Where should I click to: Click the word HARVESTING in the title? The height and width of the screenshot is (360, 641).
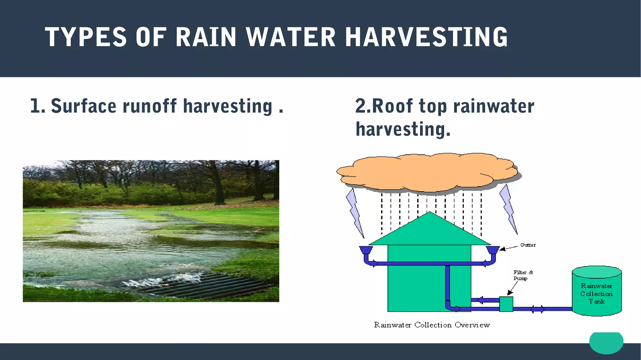pyautogui.click(x=426, y=37)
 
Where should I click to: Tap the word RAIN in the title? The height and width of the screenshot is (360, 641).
pyautogui.click(x=205, y=37)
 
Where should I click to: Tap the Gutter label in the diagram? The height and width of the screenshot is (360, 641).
pyautogui.click(x=528, y=245)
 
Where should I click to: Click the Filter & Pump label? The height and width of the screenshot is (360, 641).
pyautogui.click(x=523, y=275)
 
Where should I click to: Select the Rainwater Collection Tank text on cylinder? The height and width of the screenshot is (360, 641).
pyautogui.click(x=596, y=294)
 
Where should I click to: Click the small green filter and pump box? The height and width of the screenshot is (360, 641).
pyautogui.click(x=506, y=304)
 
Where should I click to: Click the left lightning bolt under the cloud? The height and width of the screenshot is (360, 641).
pyautogui.click(x=354, y=213)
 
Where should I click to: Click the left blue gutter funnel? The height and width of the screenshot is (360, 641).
pyautogui.click(x=366, y=250)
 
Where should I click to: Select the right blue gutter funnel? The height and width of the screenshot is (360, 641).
pyautogui.click(x=492, y=250)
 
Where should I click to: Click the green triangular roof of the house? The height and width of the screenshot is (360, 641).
pyautogui.click(x=430, y=232)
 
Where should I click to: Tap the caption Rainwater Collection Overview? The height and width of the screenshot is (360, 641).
pyautogui.click(x=432, y=325)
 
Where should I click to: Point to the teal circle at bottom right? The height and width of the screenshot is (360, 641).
pyautogui.click(x=606, y=342)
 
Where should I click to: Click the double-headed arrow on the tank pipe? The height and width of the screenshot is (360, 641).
pyautogui.click(x=537, y=309)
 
